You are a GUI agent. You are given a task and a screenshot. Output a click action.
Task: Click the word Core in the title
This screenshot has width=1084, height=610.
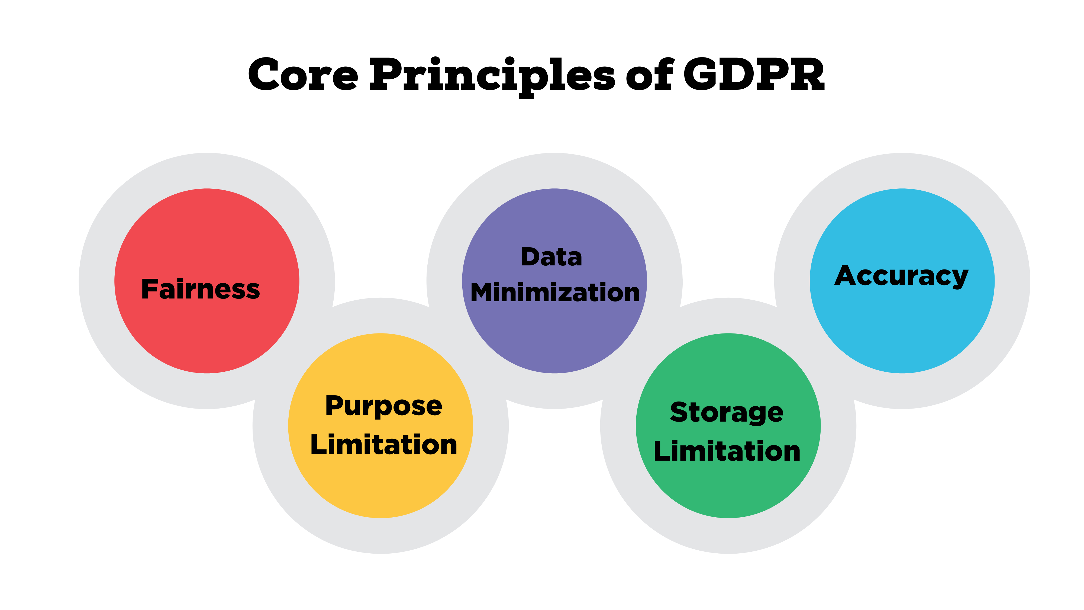[x=303, y=75]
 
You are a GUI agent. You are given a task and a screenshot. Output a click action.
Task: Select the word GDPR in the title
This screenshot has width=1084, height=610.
[x=753, y=75]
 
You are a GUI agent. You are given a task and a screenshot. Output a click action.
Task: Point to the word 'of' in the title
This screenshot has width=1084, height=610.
[x=649, y=75]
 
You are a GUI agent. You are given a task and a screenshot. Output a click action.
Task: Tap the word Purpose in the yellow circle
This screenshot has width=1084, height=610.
[x=383, y=406]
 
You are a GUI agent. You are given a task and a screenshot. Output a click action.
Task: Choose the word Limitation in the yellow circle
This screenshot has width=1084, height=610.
[x=383, y=445]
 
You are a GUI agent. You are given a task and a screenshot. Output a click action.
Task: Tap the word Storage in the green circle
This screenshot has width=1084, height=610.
[x=727, y=413]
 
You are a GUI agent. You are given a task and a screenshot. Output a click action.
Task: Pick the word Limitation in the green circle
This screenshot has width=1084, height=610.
[x=727, y=451]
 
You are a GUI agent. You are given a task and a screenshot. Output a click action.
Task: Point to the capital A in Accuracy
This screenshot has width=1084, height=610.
[x=847, y=275]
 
